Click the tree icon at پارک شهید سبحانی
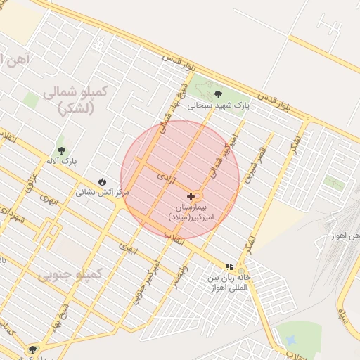click(x=218, y=94)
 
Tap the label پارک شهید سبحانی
click(x=219, y=106)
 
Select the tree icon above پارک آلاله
click(x=62, y=150)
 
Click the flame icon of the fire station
click(x=104, y=181)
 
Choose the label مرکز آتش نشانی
click(x=103, y=191)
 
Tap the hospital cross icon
click(x=191, y=195)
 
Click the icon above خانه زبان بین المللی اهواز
click(x=229, y=266)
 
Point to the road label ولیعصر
click(x=181, y=276)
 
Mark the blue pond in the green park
click(x=290, y=340)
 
